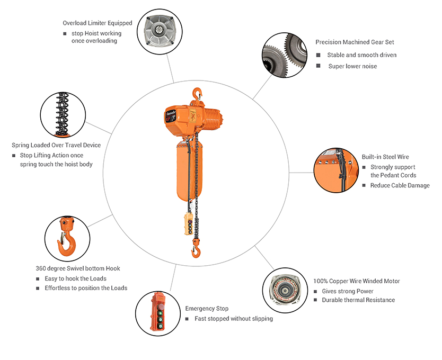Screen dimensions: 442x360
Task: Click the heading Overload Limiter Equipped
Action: (98, 23)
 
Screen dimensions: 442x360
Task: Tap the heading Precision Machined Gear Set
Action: (355, 42)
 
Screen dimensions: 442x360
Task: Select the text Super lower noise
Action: (352, 66)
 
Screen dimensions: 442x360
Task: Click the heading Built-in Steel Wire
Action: (385, 157)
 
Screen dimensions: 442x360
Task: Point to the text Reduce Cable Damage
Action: (400, 185)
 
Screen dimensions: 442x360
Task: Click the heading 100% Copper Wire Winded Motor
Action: (357, 281)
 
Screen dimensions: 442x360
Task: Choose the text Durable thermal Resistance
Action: (358, 300)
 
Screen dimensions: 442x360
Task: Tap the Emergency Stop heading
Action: (207, 309)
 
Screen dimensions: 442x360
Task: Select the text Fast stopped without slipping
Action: (234, 319)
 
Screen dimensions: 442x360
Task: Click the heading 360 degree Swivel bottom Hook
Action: (78, 268)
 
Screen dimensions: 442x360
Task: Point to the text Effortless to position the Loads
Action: (86, 288)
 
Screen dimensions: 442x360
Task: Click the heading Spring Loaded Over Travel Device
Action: (56, 145)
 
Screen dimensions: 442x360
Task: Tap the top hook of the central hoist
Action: (197, 94)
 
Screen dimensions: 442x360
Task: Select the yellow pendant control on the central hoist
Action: (189, 224)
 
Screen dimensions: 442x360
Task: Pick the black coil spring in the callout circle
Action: (63, 114)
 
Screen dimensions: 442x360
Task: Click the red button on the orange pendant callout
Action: (161, 307)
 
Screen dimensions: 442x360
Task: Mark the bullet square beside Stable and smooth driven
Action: (319, 55)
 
